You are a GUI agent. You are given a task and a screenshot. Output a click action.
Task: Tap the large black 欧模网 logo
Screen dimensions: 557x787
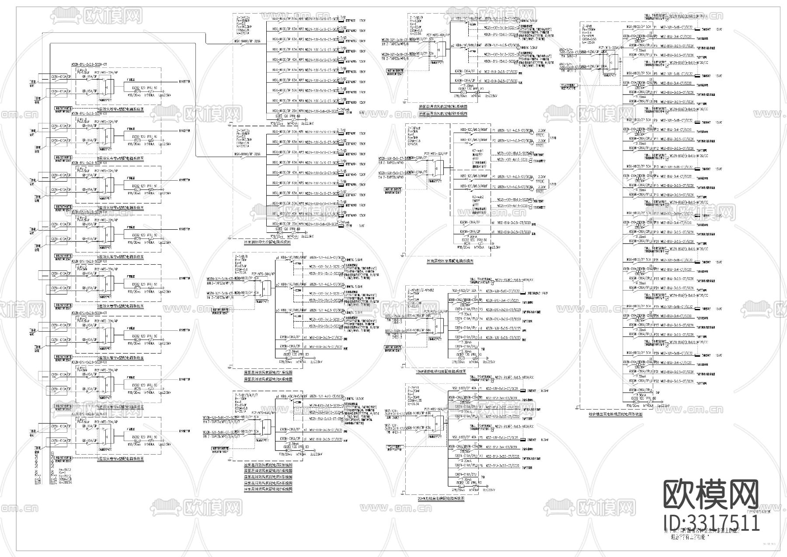click(711, 494)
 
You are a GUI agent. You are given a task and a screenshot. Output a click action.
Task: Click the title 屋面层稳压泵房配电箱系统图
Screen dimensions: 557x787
click(449, 261)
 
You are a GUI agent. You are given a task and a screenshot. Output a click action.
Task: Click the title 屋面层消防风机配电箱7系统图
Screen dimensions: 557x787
click(268, 489)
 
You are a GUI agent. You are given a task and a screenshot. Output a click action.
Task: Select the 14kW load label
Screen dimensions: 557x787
click(544, 293)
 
